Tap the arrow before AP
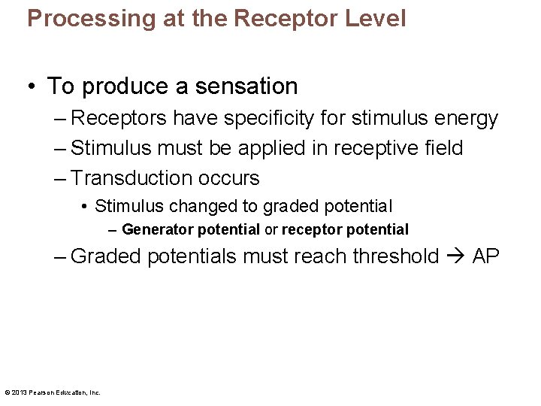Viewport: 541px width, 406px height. (x=455, y=256)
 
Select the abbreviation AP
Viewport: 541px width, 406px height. (x=485, y=256)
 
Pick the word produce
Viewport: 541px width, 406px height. (x=123, y=86)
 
